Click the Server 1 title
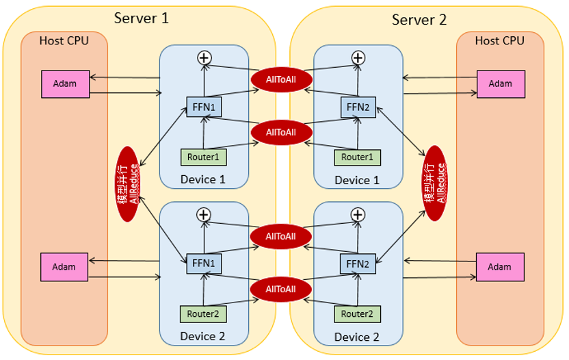click(141, 18)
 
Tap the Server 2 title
click(419, 19)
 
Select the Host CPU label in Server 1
click(64, 40)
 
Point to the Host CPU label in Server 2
click(499, 40)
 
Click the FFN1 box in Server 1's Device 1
click(204, 107)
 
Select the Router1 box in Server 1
click(203, 157)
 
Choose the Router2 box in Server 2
click(357, 313)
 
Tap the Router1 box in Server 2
click(357, 157)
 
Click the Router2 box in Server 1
click(203, 313)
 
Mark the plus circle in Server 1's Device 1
click(203, 58)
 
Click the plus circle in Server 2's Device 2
click(358, 215)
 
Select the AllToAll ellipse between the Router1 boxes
click(280, 131)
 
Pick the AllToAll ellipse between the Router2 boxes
click(280, 288)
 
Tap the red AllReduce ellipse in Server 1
click(128, 183)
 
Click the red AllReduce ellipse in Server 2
click(435, 183)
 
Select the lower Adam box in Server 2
click(500, 266)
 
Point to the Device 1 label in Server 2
click(357, 180)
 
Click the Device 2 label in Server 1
click(202, 336)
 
